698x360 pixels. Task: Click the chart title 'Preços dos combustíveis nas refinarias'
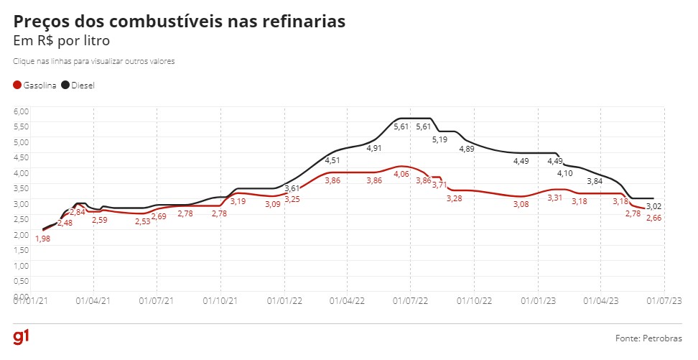pyautogui.click(x=180, y=22)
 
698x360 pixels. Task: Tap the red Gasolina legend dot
pyautogui.click(x=17, y=86)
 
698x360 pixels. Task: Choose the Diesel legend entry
pyautogui.click(x=78, y=86)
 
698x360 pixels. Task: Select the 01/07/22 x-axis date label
pyautogui.click(x=409, y=302)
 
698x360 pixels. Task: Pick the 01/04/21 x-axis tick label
pyautogui.click(x=93, y=302)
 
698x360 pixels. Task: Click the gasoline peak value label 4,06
pyautogui.click(x=401, y=174)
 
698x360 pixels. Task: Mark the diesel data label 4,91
pyautogui.click(x=374, y=149)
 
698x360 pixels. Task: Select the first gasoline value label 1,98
pyautogui.click(x=42, y=239)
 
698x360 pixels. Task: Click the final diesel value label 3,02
pyautogui.click(x=653, y=206)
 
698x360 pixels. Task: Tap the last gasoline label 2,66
pyautogui.click(x=653, y=218)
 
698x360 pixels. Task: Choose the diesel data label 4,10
pyautogui.click(x=565, y=174)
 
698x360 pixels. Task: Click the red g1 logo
pyautogui.click(x=20, y=338)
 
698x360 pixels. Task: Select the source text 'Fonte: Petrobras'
pyautogui.click(x=649, y=338)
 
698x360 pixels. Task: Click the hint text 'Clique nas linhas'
pyautogui.click(x=93, y=61)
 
